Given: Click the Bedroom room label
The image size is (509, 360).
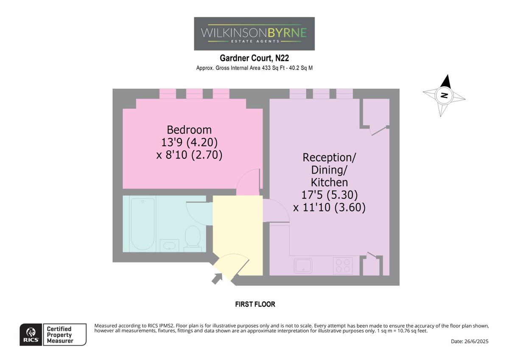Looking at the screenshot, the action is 189,130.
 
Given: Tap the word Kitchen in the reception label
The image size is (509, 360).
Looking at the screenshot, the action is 329,183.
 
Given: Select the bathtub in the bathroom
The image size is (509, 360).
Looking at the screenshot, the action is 143,224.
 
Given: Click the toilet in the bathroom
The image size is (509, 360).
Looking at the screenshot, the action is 193,238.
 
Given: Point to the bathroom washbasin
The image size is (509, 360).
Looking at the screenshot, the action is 169,245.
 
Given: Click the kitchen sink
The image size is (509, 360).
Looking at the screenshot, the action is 303,265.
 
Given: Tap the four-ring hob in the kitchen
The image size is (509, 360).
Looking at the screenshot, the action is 343,266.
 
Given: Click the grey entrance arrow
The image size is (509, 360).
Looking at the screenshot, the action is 217,278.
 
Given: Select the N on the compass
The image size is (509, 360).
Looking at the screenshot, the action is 444,95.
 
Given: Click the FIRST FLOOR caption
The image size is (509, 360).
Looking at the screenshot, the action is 255,304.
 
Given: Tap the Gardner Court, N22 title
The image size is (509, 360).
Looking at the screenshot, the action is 254,58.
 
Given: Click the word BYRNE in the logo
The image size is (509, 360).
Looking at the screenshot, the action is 287,33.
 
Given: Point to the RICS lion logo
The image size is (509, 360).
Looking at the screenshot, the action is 31,332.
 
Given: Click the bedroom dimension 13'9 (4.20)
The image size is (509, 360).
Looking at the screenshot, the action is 189,142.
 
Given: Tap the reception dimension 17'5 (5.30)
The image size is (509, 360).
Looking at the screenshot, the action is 329,195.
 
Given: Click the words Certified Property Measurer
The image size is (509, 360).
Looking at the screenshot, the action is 60,335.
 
